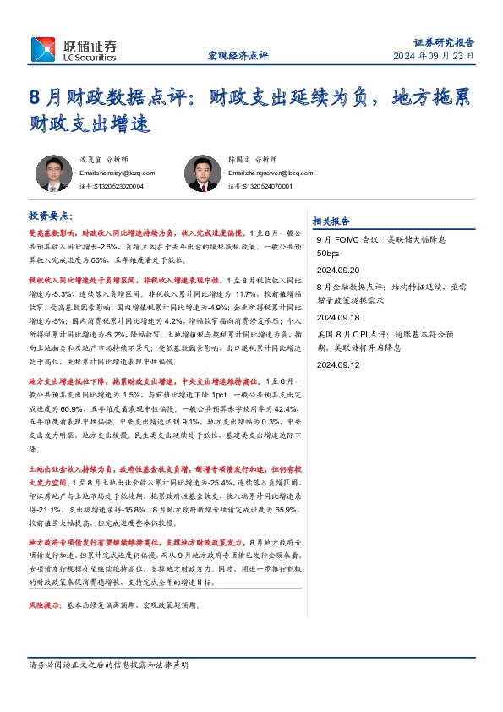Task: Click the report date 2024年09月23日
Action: pos(434,56)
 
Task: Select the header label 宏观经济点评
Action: pos(238,56)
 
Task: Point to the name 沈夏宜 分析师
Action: pos(101,158)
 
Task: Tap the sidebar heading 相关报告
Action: pos(331,222)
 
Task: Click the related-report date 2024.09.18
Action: pos(337,319)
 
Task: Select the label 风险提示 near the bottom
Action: pos(46,606)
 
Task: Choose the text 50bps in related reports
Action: pos(328,253)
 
